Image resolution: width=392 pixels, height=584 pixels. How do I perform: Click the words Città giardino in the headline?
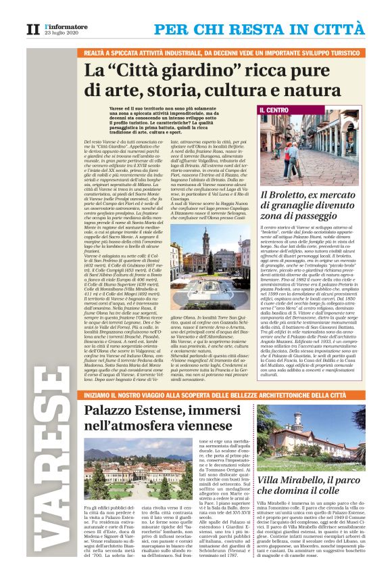click(x=151, y=70)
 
